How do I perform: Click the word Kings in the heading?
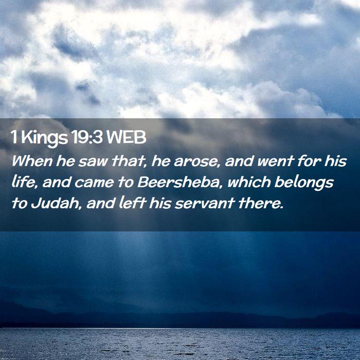[45, 138]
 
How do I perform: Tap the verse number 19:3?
[87, 137]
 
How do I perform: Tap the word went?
[276, 161]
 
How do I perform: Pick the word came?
[94, 183]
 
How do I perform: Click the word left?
[133, 203]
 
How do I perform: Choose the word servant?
[205, 204]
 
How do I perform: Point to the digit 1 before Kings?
[14, 137]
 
